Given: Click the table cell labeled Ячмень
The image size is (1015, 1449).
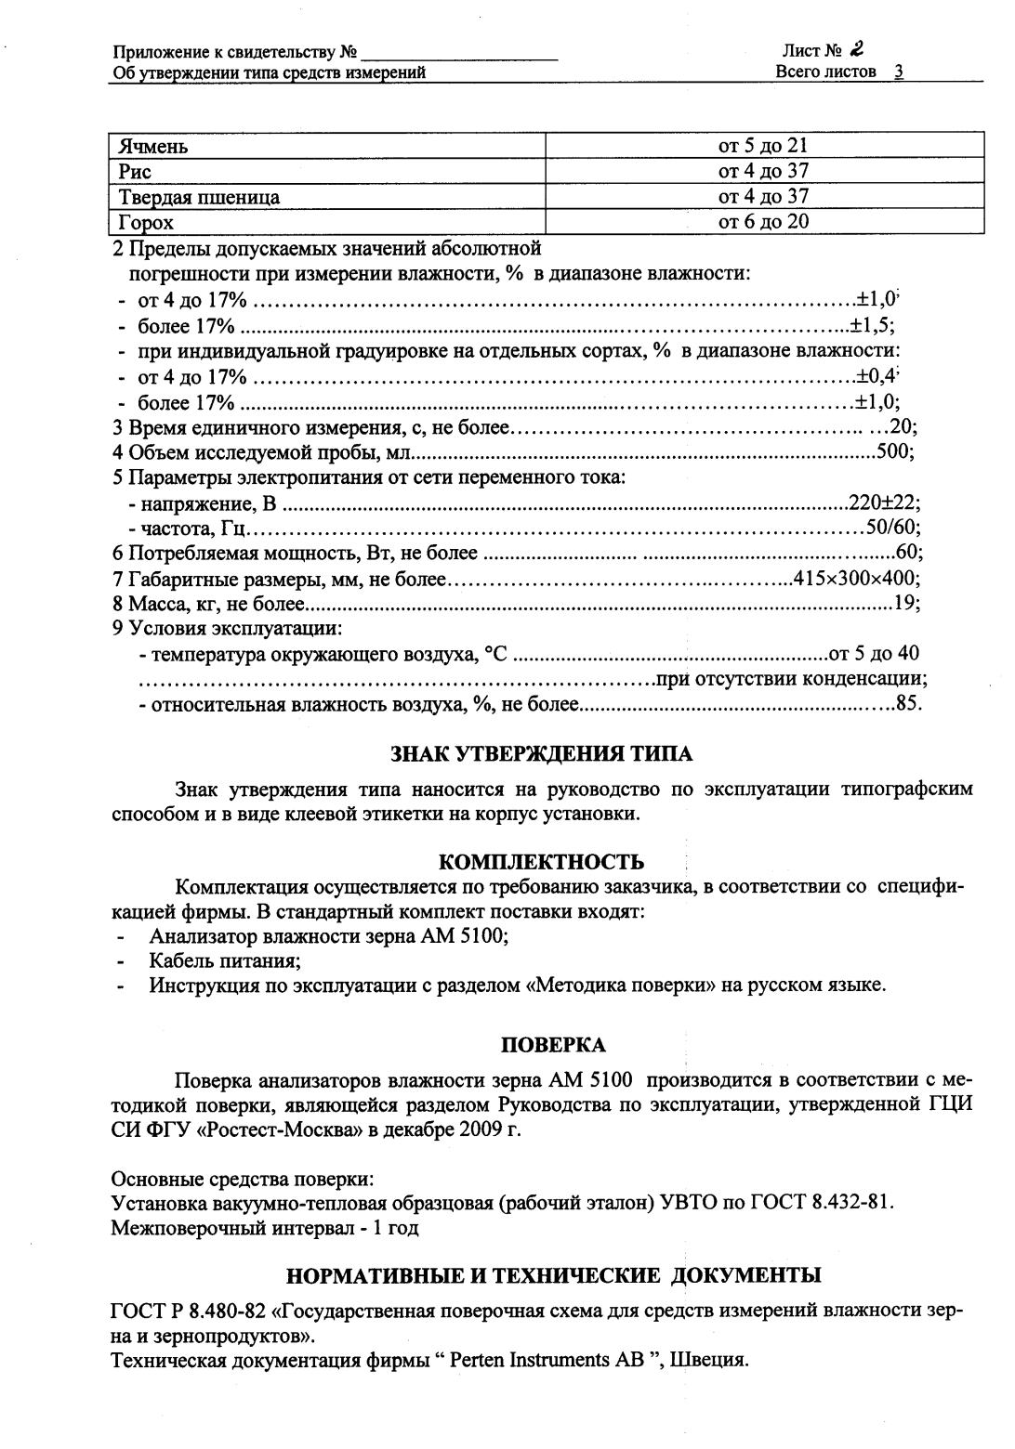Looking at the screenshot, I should [153, 146].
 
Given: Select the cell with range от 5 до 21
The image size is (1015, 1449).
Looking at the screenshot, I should [763, 146].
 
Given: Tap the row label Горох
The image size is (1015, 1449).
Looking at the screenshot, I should [146, 222].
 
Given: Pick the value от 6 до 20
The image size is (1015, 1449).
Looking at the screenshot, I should [763, 221].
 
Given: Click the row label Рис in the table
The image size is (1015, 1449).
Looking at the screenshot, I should [135, 171].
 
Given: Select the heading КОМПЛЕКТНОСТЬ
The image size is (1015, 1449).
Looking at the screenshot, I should [541, 863].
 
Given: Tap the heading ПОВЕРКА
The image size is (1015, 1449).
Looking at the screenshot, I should [553, 1045].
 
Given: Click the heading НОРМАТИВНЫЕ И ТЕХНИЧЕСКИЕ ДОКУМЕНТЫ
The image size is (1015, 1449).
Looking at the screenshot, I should [553, 1273].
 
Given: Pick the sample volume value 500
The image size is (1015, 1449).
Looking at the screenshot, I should [893, 453].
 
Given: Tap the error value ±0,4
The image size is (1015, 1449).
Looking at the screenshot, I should [876, 377].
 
